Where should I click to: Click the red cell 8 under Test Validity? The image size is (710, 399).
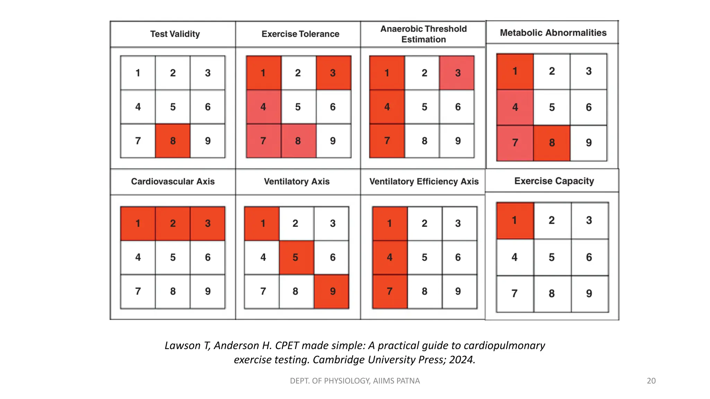[x=173, y=141]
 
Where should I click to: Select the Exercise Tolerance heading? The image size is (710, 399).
[x=300, y=34]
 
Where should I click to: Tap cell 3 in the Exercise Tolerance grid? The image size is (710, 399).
[x=333, y=73]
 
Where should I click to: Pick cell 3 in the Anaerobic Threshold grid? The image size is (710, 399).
[x=457, y=73]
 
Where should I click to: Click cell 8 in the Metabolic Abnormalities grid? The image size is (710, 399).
[x=552, y=143]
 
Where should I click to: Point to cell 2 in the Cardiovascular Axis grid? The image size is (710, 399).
[x=173, y=223]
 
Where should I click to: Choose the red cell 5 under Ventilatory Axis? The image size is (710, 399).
[x=296, y=257]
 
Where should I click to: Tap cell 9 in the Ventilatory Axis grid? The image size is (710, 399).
[x=332, y=291]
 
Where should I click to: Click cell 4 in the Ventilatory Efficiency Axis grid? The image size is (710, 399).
[x=390, y=257]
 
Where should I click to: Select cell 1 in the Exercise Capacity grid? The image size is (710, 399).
[x=515, y=221]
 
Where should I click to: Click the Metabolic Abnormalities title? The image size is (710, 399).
[x=553, y=33]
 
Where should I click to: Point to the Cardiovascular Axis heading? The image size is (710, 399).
[x=173, y=181]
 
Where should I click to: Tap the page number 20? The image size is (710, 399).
[x=651, y=381]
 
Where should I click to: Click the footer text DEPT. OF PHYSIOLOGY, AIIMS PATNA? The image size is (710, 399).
[x=355, y=381]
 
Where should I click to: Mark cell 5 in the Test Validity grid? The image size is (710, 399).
[x=173, y=107]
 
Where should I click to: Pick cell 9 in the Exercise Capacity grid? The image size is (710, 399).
[x=589, y=294]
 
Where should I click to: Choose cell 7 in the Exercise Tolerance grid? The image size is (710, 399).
[x=263, y=141]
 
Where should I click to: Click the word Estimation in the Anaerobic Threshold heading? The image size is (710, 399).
[x=423, y=39]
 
